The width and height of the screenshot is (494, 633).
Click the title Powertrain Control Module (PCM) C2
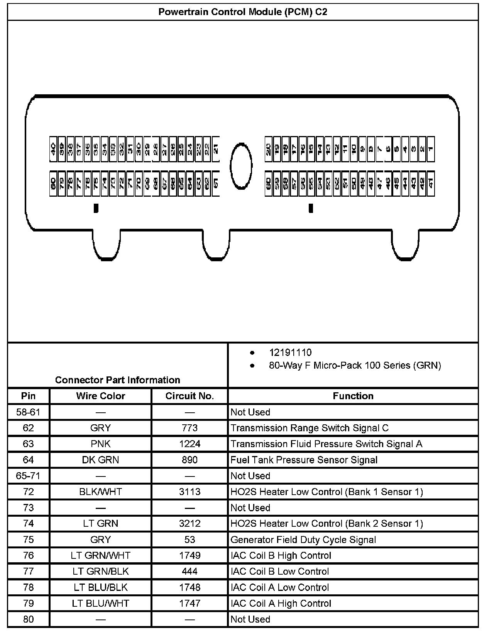pos(243,12)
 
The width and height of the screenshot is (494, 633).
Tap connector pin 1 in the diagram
pos(431,149)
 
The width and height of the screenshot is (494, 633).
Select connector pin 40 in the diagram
pos(54,149)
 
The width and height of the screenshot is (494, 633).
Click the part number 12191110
pos(290,352)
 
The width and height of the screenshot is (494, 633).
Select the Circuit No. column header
pos(189,396)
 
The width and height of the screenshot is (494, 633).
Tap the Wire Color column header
pos(100,396)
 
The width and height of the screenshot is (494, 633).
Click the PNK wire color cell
pos(100,444)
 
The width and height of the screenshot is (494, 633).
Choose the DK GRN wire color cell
pos(100,460)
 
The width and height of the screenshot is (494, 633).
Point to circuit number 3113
pos(189,492)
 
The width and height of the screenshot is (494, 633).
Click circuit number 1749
pos(189,556)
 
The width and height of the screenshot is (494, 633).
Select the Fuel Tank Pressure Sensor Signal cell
pos(304,460)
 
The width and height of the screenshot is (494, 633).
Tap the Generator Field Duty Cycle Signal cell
pos(303,540)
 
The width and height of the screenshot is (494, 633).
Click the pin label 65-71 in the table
pos(28,476)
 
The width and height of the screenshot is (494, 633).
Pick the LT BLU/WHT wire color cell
pos(100,604)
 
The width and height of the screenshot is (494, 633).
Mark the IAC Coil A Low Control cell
pos(279,588)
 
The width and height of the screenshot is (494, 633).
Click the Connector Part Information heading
pos(117,380)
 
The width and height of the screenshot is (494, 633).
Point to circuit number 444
pos(189,572)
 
